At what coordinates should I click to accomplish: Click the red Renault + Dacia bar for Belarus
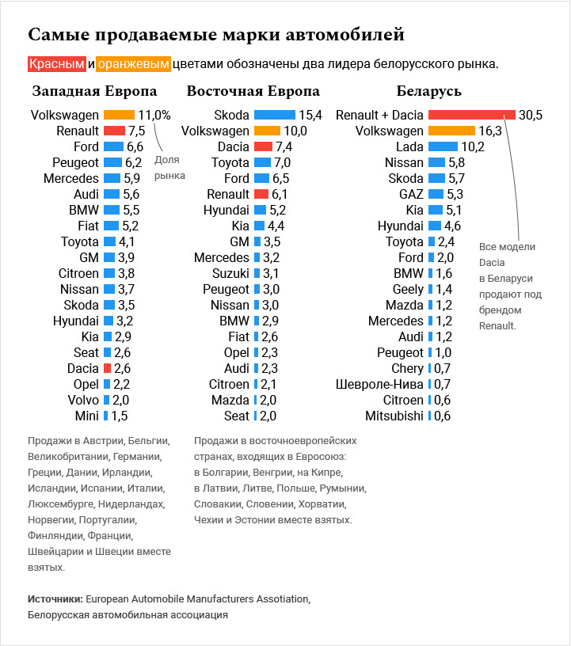pos(471,115)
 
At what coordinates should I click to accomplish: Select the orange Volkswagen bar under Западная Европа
pos(119,115)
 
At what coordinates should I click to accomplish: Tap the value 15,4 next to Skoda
pos(310,115)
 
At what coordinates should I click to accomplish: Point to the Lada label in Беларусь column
pos(409,146)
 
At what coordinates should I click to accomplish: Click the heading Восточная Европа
pos(253,91)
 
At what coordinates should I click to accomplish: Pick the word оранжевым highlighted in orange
pos(133,63)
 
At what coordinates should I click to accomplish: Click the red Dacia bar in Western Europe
pos(107,368)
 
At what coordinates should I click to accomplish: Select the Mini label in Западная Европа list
pos(86,416)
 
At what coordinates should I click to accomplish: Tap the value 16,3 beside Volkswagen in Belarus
pos(490,131)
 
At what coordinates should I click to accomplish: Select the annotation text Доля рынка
pos(169,168)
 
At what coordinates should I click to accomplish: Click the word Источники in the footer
pos(55,598)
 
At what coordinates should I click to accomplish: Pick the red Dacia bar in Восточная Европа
pos(263,146)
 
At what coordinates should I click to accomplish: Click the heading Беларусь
pos(428,91)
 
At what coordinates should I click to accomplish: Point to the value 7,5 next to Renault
pos(137,131)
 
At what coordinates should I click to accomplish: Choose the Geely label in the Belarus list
pos(408,289)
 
